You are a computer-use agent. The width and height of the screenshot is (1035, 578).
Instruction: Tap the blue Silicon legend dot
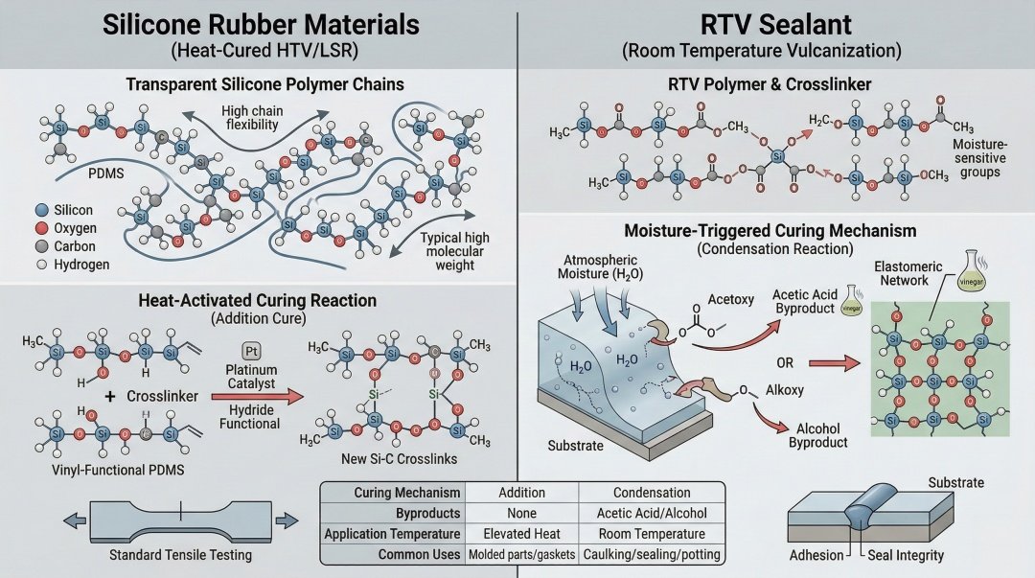(x=39, y=210)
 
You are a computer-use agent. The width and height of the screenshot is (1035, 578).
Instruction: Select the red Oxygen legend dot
(x=39, y=228)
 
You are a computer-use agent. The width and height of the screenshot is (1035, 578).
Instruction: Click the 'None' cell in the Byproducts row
(x=521, y=513)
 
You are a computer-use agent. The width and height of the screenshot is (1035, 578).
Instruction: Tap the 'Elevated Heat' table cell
(x=521, y=534)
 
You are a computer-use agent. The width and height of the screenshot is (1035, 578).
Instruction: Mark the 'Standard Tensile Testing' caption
(x=179, y=555)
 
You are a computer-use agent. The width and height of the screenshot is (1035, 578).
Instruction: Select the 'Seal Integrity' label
(x=906, y=555)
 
